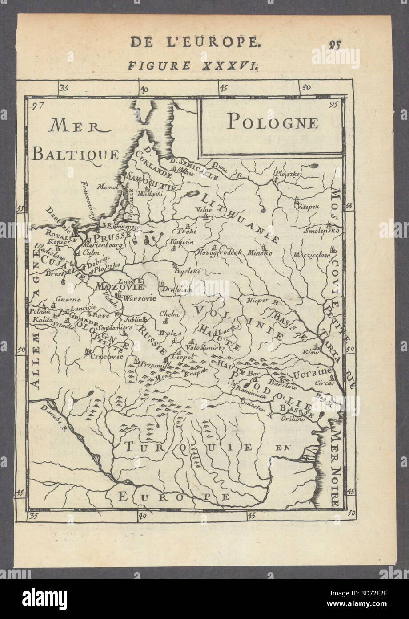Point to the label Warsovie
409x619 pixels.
pyautogui.click(x=140, y=299)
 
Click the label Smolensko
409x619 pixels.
pyautogui.click(x=322, y=231)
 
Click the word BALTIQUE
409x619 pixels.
pyautogui.click(x=76, y=155)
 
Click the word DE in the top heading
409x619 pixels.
pyautogui.click(x=140, y=42)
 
